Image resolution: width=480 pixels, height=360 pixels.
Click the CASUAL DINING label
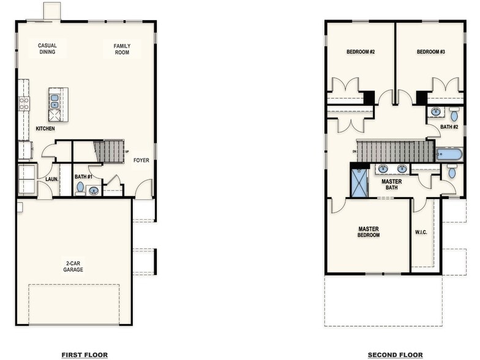click(47, 48)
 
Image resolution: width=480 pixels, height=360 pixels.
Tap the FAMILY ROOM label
click(122, 48)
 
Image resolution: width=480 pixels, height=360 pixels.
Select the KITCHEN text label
click(45, 129)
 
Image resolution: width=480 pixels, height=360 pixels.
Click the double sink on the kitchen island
click(54, 97)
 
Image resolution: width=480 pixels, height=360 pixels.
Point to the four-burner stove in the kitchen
click(24, 103)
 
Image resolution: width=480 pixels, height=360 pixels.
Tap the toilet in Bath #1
click(80, 188)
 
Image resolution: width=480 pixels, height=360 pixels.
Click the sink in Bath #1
click(93, 190)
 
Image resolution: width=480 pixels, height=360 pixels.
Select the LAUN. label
click(51, 179)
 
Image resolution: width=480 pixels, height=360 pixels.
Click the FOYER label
click(141, 160)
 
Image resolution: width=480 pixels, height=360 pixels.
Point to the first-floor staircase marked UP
click(109, 151)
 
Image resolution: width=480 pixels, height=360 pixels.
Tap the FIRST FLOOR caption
click(84, 354)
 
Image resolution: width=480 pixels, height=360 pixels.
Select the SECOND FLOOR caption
click(394, 354)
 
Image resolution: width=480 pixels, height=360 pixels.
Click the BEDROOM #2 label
click(361, 52)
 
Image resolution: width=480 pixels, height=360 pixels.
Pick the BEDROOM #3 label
click(430, 52)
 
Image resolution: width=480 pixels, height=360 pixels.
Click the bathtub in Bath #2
click(449, 154)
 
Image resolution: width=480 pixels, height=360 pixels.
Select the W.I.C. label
click(421, 232)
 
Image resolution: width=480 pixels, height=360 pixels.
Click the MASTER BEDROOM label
click(369, 231)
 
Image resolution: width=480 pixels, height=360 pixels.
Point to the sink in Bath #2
click(435, 112)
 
